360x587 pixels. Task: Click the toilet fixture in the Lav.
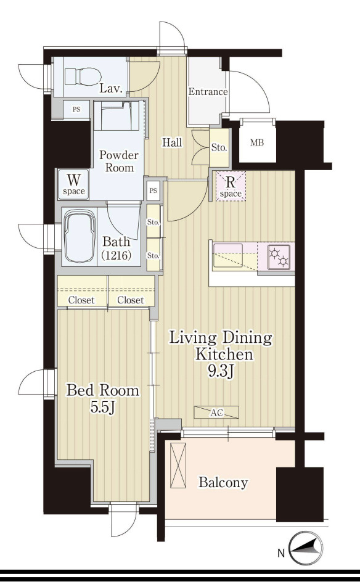83,76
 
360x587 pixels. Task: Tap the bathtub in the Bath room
79,237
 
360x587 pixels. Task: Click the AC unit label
216,412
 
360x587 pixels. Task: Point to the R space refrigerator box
230,186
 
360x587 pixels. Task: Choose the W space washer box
74,184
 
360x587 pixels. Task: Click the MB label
256,142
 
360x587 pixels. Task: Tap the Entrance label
208,92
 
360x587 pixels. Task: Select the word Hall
172,142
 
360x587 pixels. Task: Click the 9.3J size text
221,371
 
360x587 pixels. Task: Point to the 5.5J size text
102,408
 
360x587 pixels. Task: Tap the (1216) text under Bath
117,255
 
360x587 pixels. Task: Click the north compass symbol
306,548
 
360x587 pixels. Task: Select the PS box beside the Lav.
76,109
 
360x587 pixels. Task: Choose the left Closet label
81,300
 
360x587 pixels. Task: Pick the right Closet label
130,300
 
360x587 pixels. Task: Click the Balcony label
223,483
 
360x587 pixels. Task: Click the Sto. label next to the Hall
219,147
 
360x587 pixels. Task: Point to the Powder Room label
118,161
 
